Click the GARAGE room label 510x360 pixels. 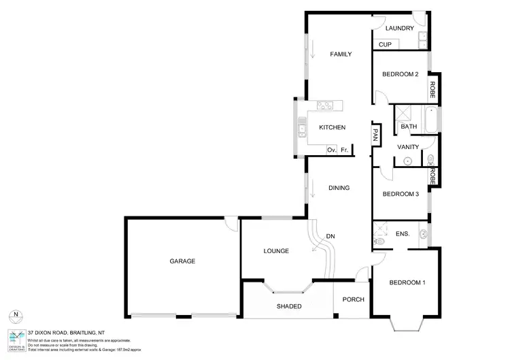[182, 261]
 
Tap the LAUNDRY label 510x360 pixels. [399, 29]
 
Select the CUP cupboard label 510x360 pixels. [385, 45]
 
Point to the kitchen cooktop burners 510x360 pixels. [325, 105]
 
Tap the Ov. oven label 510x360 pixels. [332, 150]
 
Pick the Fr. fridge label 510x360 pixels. [345, 150]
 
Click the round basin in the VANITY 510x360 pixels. [407, 161]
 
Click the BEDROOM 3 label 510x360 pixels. [400, 194]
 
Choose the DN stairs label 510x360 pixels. [330, 236]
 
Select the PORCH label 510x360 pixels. [353, 299]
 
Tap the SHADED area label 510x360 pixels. [288, 306]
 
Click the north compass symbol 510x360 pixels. [16, 315]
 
